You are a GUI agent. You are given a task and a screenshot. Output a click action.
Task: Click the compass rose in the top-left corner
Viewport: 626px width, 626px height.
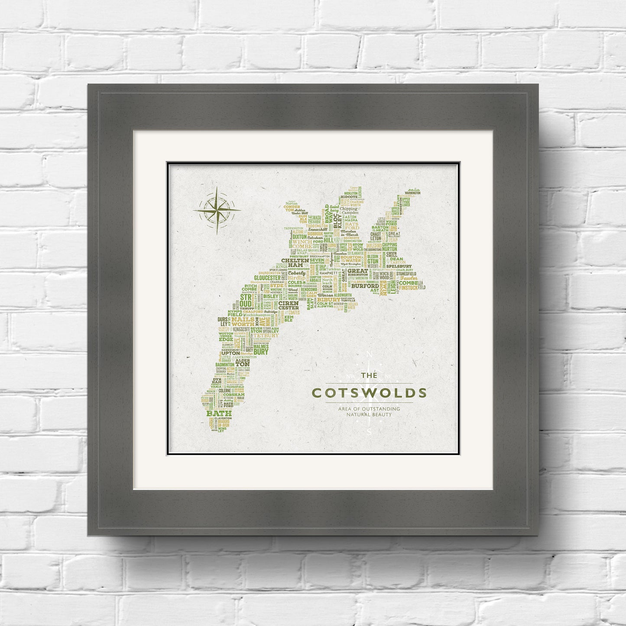(217, 211)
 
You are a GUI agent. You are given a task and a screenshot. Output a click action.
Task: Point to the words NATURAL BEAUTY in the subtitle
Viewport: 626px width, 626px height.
(369, 415)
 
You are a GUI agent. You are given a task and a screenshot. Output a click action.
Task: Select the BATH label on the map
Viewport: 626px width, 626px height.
(219, 414)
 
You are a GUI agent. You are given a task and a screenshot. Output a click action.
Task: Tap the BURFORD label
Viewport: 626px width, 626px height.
(362, 286)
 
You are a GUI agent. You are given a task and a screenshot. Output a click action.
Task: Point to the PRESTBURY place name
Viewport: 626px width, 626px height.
(299, 256)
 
